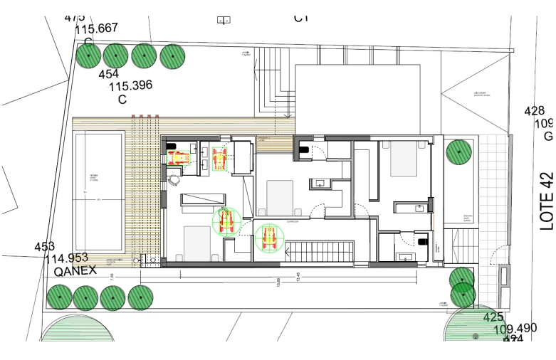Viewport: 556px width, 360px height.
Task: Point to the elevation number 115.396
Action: point(130,86)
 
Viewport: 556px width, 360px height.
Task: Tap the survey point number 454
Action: point(108,74)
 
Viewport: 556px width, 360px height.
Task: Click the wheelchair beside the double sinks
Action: point(220,158)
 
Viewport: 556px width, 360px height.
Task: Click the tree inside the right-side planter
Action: point(459,152)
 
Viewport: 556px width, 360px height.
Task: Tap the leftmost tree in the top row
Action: point(88,56)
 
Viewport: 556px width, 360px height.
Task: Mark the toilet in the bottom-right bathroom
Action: point(425,242)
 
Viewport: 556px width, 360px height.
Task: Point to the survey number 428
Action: point(534,111)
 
